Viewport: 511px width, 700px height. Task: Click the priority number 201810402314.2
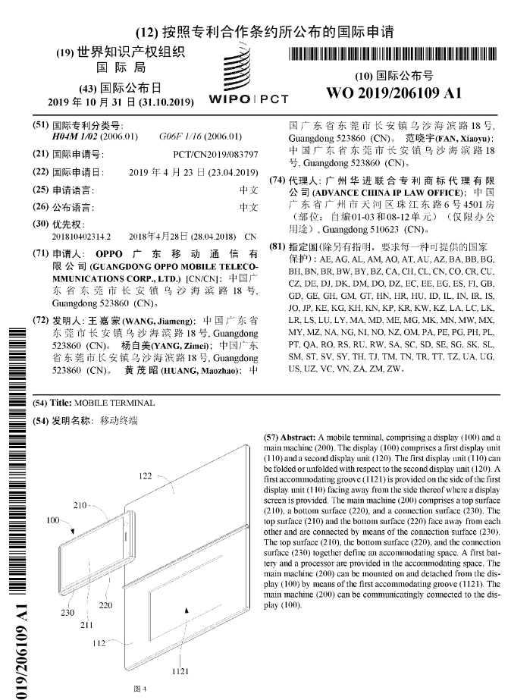point(82,237)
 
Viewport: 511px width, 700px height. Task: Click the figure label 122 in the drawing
point(146,476)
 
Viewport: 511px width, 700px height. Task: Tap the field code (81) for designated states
point(277,246)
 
